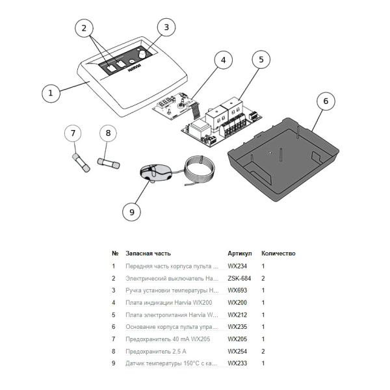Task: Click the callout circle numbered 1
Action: point(51,93)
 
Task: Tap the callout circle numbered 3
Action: point(166,27)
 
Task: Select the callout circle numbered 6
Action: point(326,101)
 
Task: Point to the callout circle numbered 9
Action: point(132,212)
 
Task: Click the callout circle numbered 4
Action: point(223,60)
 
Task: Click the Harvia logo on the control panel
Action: point(135,68)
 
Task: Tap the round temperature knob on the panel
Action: point(142,54)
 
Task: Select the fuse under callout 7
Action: point(81,163)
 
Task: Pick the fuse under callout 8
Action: point(109,163)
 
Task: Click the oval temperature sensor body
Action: point(155,172)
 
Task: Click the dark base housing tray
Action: point(283,159)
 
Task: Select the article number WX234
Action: point(237,266)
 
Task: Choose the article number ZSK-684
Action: point(239,278)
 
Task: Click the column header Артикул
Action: point(240,253)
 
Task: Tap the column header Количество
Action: point(278,253)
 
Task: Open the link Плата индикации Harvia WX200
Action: point(169,303)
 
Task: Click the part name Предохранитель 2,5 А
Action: point(156,352)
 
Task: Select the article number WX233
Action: point(237,363)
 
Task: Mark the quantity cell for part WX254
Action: point(263,352)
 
